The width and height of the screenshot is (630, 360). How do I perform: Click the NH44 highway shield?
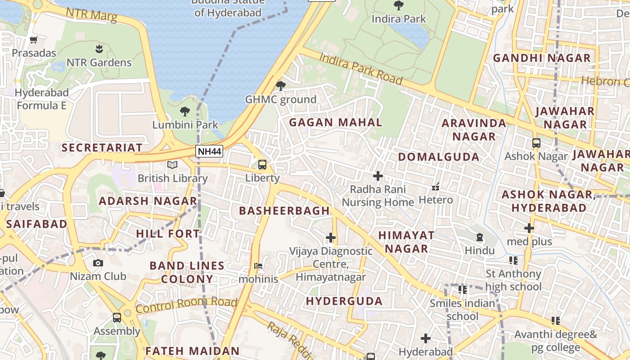coord(210,151)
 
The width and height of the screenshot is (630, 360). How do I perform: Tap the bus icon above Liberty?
coord(262,165)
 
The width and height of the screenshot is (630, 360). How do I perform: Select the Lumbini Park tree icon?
coord(184,111)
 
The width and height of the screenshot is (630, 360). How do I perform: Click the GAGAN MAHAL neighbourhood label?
coord(336,122)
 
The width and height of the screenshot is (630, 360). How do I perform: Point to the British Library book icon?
coord(172,165)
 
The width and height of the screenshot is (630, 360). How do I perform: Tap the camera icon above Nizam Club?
coord(98,263)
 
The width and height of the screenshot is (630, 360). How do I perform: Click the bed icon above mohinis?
coord(258,266)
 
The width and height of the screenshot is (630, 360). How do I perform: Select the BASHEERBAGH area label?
coord(284,211)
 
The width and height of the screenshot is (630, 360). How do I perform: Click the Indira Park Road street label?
coord(361,68)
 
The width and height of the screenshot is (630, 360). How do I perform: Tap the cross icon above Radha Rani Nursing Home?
coord(378,176)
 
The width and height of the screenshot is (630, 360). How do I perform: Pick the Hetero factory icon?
coord(436,186)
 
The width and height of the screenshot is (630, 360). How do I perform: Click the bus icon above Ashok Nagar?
coord(536,143)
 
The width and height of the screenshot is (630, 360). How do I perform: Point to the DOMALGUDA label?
coord(439,157)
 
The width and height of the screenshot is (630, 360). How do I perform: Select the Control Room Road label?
coord(186,305)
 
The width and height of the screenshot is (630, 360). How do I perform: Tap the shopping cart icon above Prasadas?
coord(33,40)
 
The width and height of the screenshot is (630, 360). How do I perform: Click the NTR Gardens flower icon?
coord(99,49)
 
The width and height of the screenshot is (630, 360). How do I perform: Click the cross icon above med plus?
coord(529,228)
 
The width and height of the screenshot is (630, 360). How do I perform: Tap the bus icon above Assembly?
coord(117,318)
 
